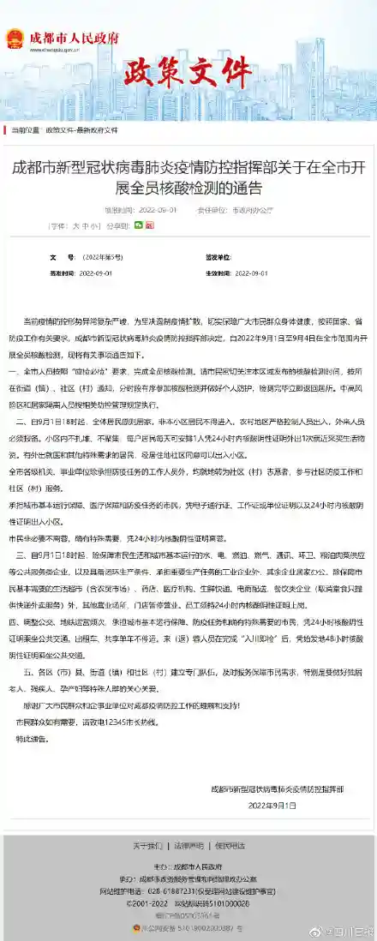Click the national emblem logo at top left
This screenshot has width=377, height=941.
(15, 39)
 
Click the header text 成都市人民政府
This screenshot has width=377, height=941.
(75, 38)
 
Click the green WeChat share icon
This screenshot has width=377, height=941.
(138, 225)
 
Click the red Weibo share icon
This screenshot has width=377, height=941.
(152, 225)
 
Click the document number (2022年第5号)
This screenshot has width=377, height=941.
(103, 256)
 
